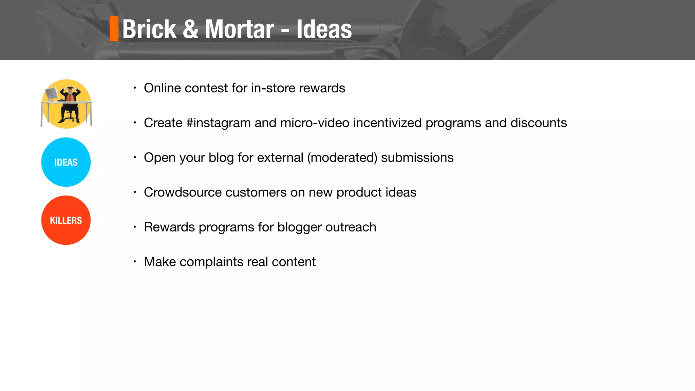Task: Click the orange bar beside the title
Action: coord(114,29)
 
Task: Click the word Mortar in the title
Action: coord(239,30)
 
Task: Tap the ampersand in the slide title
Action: coord(190,29)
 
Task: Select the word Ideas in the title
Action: coord(324,30)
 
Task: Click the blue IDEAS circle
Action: coord(66,162)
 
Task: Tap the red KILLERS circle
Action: coord(66,220)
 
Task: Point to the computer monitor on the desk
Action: coord(52,93)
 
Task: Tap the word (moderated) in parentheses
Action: coord(342,158)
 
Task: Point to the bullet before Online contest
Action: coord(135,88)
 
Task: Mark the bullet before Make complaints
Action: coord(135,262)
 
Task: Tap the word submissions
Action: coord(417,158)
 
